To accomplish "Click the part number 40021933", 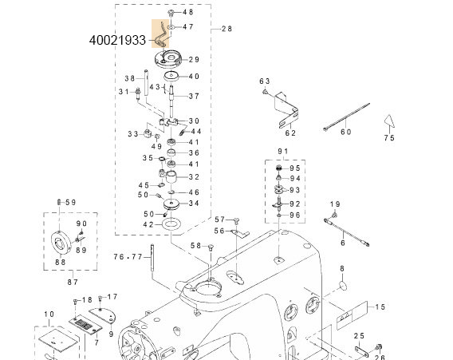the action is pos(117,40).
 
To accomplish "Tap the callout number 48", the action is pos(187,12).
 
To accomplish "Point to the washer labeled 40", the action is pos(171,77).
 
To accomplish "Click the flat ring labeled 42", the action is pos(171,224).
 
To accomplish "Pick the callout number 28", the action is pos(226,29).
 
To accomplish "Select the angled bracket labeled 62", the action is pos(286,110).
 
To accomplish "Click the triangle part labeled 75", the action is pos(389,121).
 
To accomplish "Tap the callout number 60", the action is pos(346,132).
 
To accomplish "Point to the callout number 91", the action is pos(283,151).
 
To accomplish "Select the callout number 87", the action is pos(73,282).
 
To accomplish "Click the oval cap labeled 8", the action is pos(342,286).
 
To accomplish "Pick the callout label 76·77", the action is pos(128,257).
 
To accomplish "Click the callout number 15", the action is pos(380,307).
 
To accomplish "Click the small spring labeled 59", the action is pos(59,202).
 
